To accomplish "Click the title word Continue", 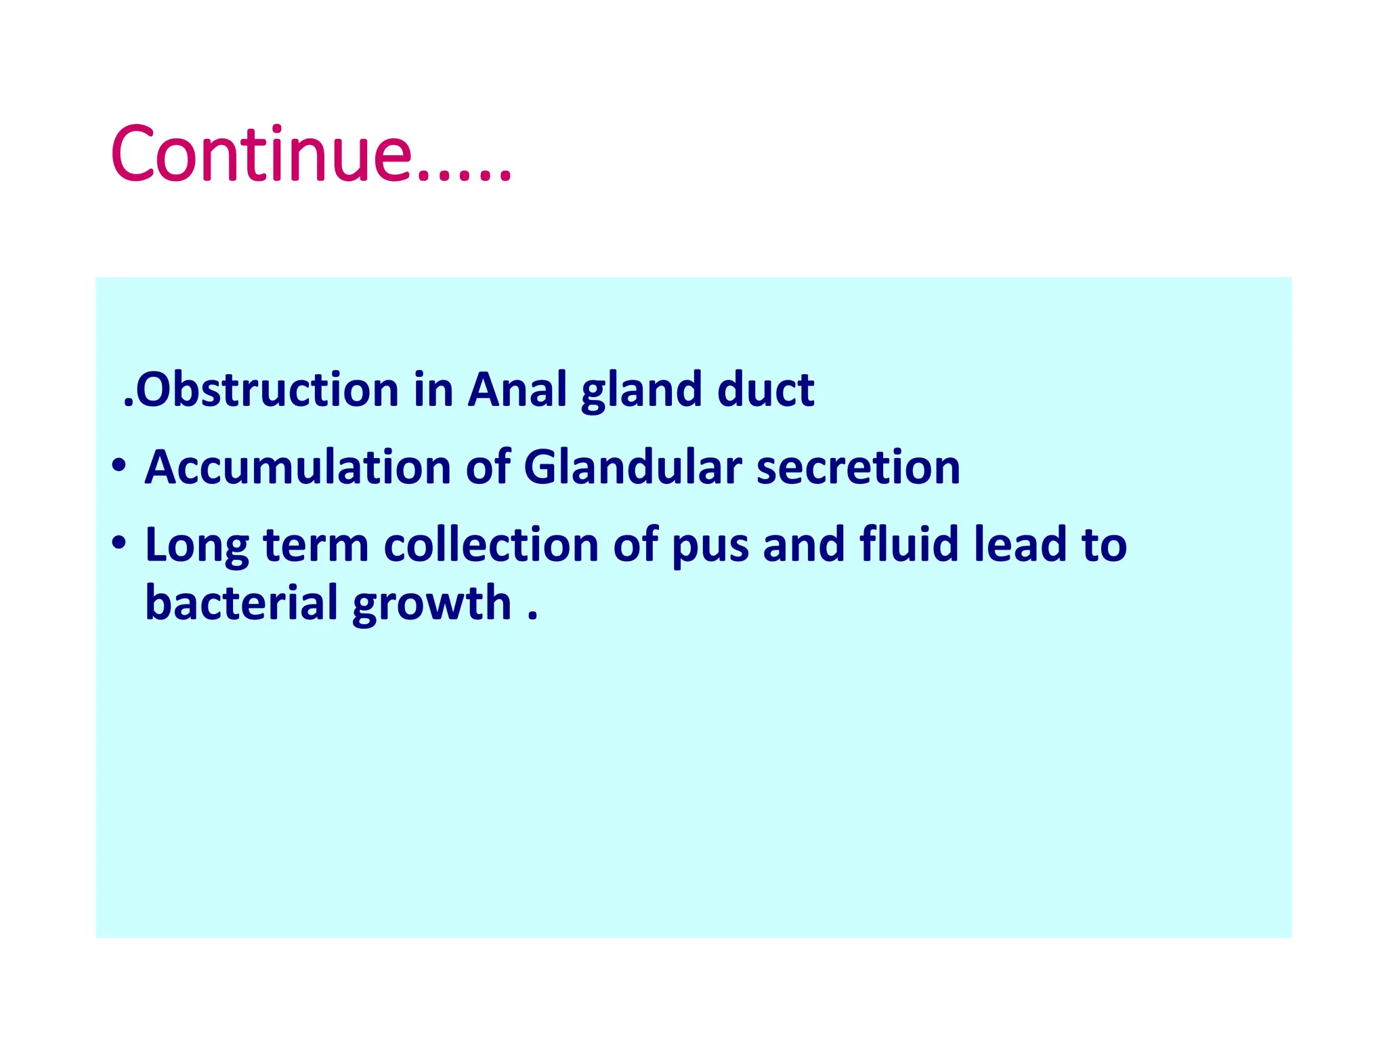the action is (261, 154).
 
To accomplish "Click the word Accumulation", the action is (298, 468).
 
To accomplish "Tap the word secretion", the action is (858, 469).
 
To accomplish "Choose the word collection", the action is (491, 545).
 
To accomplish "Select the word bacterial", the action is (242, 603).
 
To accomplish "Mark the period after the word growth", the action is (532, 616).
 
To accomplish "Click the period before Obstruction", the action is (129, 403).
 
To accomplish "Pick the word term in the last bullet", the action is (316, 546).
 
